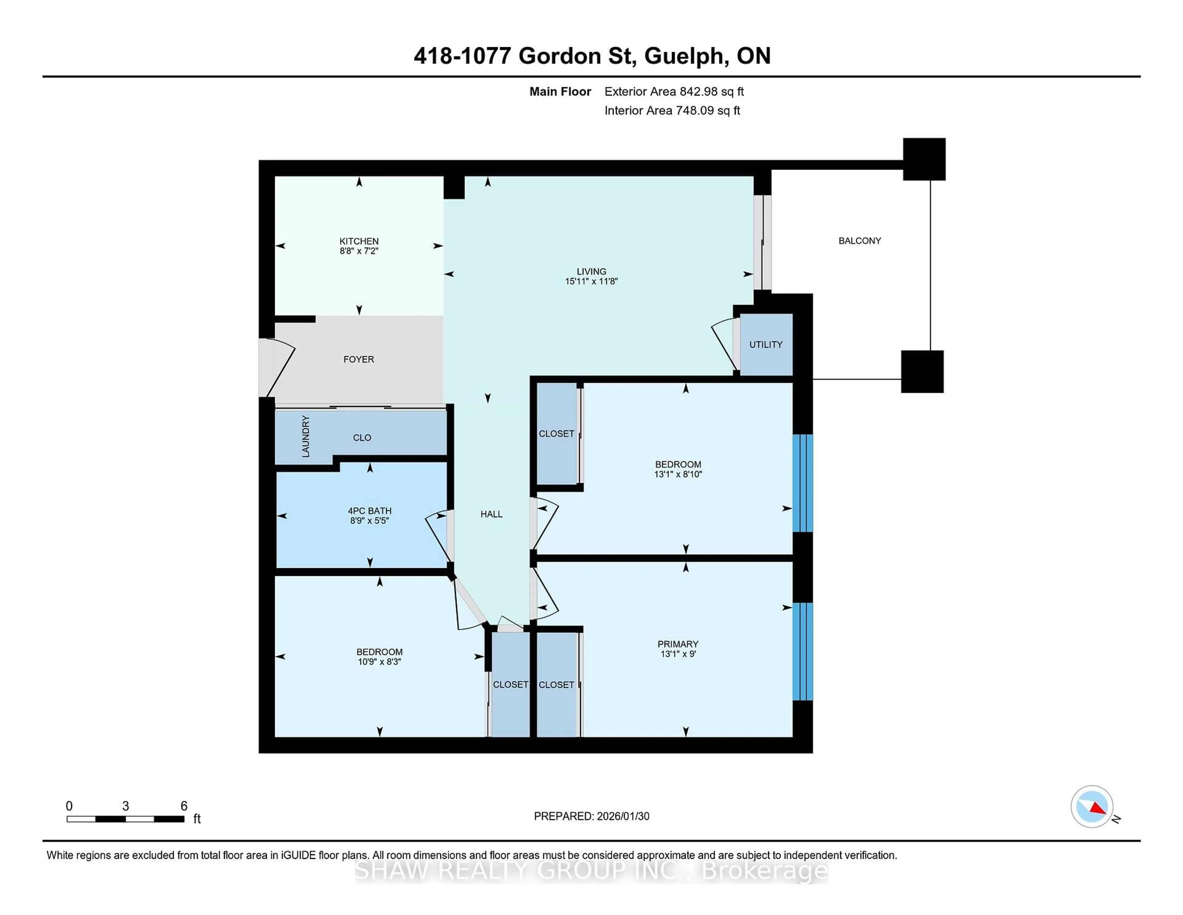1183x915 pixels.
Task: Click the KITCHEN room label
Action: [359, 241]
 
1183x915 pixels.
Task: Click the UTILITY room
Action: [765, 345]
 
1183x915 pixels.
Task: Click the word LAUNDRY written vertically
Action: [306, 436]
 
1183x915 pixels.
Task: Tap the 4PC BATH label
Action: [369, 511]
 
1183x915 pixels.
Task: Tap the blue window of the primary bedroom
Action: [802, 651]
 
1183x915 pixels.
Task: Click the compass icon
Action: [1092, 806]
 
